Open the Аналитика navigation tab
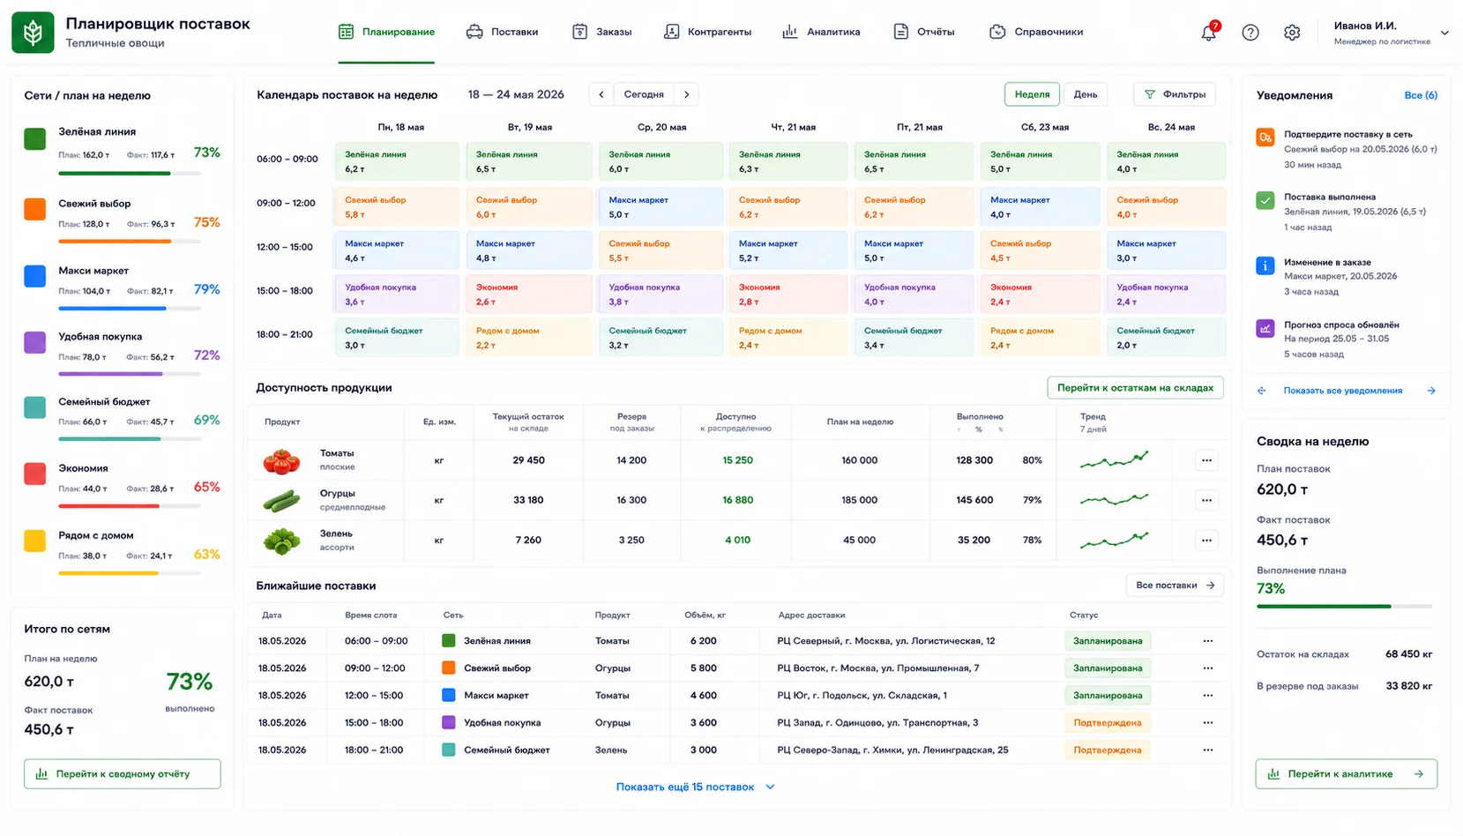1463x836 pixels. (821, 32)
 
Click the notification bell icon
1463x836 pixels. (1208, 32)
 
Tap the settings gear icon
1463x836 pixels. (1291, 32)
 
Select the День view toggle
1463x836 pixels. (1085, 94)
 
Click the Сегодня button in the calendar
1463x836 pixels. (644, 94)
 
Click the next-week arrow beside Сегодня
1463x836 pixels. (686, 94)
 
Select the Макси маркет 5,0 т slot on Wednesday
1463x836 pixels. (661, 206)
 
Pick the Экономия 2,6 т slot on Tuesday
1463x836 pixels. (528, 294)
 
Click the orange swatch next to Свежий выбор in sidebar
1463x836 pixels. (34, 209)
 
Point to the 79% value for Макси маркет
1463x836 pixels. (206, 288)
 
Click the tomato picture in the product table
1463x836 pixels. (281, 460)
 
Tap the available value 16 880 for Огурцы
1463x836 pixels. (737, 500)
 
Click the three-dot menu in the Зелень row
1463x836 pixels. (1206, 540)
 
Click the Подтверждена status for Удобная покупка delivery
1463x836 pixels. (1107, 722)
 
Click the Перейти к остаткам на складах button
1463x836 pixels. (1135, 387)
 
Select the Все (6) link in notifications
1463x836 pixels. (1421, 94)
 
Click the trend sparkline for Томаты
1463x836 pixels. (1114, 459)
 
